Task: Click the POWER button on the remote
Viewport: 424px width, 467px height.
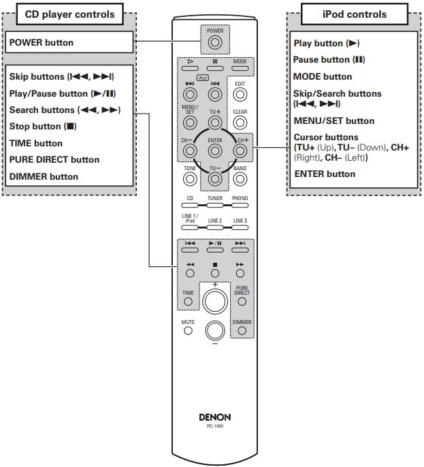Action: tap(215, 43)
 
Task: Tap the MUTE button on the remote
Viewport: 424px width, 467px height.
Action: tap(189, 331)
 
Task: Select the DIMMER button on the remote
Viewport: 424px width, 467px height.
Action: tap(242, 331)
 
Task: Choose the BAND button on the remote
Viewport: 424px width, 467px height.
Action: tap(240, 179)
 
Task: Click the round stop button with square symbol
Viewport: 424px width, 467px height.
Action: tap(215, 273)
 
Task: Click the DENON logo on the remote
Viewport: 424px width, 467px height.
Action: tap(215, 417)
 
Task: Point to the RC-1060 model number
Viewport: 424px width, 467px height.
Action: tap(215, 427)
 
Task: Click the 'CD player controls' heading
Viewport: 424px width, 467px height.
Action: tap(65, 14)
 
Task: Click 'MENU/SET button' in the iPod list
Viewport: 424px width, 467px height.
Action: tap(333, 120)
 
